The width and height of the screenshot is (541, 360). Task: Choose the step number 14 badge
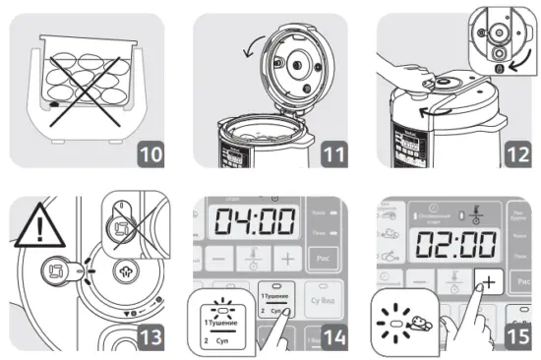pos(331,336)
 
